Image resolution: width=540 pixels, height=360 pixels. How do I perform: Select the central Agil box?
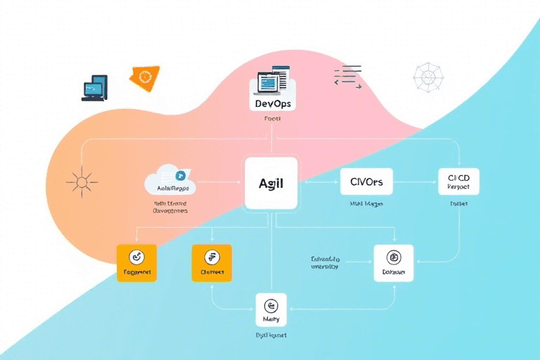(271, 184)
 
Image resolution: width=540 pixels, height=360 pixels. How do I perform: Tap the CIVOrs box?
(366, 181)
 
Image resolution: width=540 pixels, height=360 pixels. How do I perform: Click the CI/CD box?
(458, 182)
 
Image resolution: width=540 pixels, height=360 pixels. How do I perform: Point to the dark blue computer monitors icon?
(94, 88)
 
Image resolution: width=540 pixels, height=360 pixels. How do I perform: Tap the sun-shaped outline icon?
(81, 182)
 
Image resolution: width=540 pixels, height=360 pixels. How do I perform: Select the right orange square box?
(212, 264)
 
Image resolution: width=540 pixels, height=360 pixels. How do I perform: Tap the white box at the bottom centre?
(271, 310)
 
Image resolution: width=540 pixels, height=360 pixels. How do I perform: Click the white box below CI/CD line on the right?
(394, 264)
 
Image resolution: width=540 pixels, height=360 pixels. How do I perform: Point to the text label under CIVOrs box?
(366, 205)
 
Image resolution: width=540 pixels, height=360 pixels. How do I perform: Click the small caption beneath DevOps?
(272, 120)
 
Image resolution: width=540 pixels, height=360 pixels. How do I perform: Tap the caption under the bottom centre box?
(271, 336)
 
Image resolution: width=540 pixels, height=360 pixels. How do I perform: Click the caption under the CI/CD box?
(458, 204)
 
